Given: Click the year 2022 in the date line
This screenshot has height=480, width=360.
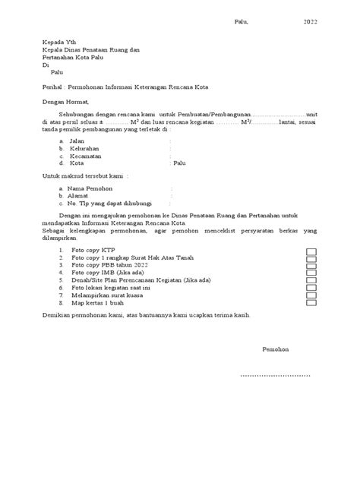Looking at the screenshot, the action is [311, 22].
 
